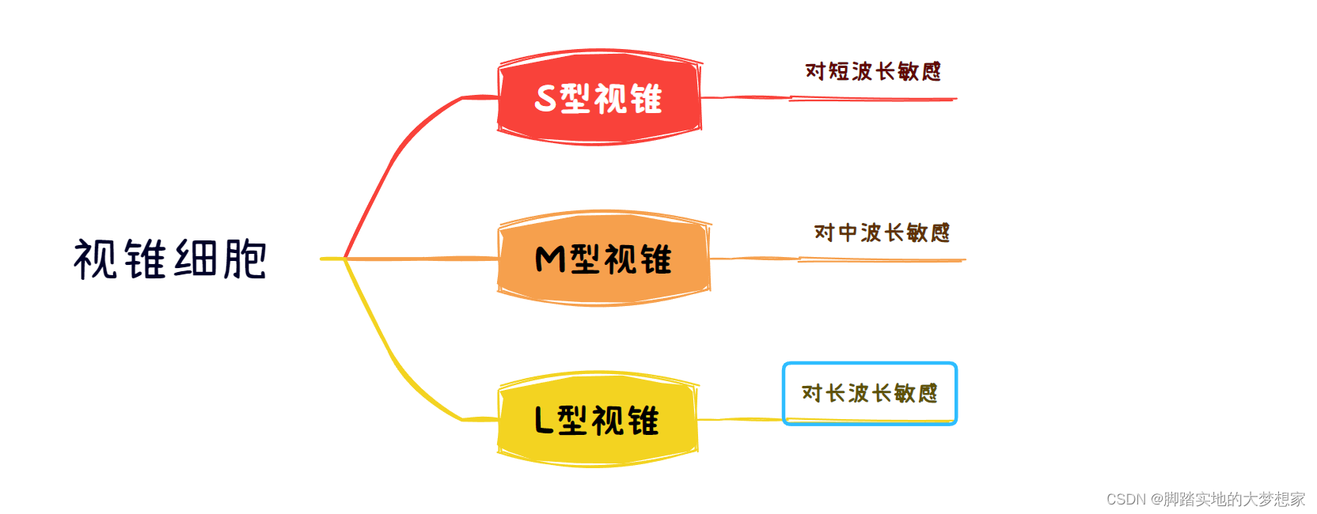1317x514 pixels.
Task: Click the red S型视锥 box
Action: pos(599,97)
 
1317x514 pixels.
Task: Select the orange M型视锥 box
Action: pos(603,259)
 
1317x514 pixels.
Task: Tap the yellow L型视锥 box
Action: pos(598,420)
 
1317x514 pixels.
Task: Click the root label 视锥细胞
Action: pos(170,259)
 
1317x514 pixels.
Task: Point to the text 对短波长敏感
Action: pos(873,71)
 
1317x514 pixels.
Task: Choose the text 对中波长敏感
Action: pos(882,232)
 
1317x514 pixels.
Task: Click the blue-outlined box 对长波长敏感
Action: pos(869,393)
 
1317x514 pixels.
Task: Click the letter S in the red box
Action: pos(546,98)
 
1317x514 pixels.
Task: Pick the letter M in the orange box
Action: pos(550,259)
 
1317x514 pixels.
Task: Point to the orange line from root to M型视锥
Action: pos(419,259)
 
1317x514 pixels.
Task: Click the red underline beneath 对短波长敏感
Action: pos(871,99)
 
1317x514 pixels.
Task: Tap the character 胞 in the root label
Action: pos(245,259)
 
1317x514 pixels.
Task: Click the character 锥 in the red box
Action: pos(646,98)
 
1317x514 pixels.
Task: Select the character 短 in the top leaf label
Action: pos(838,71)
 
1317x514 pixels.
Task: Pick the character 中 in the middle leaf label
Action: pos(848,232)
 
